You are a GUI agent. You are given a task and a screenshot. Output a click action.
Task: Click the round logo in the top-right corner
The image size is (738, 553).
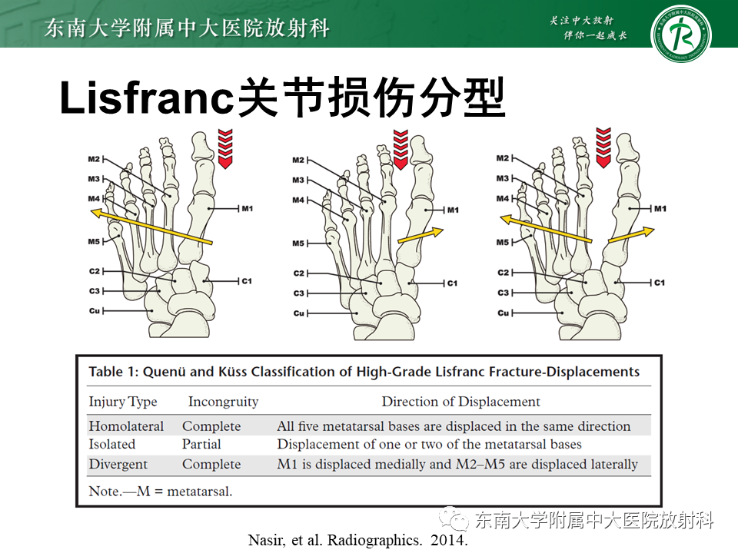pyautogui.click(x=680, y=35)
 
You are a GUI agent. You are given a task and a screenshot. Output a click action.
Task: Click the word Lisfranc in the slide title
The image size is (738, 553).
pyautogui.click(x=146, y=98)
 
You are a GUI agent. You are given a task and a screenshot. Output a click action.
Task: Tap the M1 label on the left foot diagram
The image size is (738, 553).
pyautogui.click(x=247, y=208)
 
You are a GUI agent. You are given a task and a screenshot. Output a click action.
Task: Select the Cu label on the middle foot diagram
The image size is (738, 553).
pyautogui.click(x=299, y=313)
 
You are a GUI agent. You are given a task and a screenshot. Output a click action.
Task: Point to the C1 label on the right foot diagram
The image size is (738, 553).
pyautogui.click(x=660, y=283)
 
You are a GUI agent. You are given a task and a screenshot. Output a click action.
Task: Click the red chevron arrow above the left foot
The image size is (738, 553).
pyautogui.click(x=225, y=148)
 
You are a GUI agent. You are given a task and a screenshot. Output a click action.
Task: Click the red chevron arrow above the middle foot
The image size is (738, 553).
pyautogui.click(x=401, y=150)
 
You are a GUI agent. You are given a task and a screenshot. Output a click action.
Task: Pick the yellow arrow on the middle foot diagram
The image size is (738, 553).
pyautogui.click(x=421, y=236)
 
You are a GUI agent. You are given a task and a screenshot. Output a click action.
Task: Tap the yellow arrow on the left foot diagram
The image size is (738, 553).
pyautogui.click(x=151, y=227)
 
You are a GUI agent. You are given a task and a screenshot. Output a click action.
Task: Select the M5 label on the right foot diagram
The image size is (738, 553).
pyautogui.click(x=503, y=242)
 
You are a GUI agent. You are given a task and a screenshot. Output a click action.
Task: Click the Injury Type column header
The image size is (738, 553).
pyautogui.click(x=123, y=402)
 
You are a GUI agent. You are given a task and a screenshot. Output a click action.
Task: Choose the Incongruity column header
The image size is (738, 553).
pyautogui.click(x=223, y=402)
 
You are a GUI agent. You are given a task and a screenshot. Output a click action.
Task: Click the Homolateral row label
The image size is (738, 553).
pyautogui.click(x=126, y=426)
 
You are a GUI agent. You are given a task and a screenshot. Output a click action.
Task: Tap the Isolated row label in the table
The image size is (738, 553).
pyautogui.click(x=112, y=445)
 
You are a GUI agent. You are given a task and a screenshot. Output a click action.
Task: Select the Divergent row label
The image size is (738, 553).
pyautogui.click(x=118, y=464)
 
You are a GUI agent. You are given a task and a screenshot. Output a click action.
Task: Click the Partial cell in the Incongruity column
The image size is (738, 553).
pyautogui.click(x=201, y=445)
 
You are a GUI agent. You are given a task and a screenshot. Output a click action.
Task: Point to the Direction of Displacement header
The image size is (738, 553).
pyautogui.click(x=460, y=402)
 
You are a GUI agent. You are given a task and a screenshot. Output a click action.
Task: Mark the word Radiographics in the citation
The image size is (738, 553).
pyautogui.click(x=374, y=539)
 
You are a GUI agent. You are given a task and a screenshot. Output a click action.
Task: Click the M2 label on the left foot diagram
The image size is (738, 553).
pyautogui.click(x=94, y=160)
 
